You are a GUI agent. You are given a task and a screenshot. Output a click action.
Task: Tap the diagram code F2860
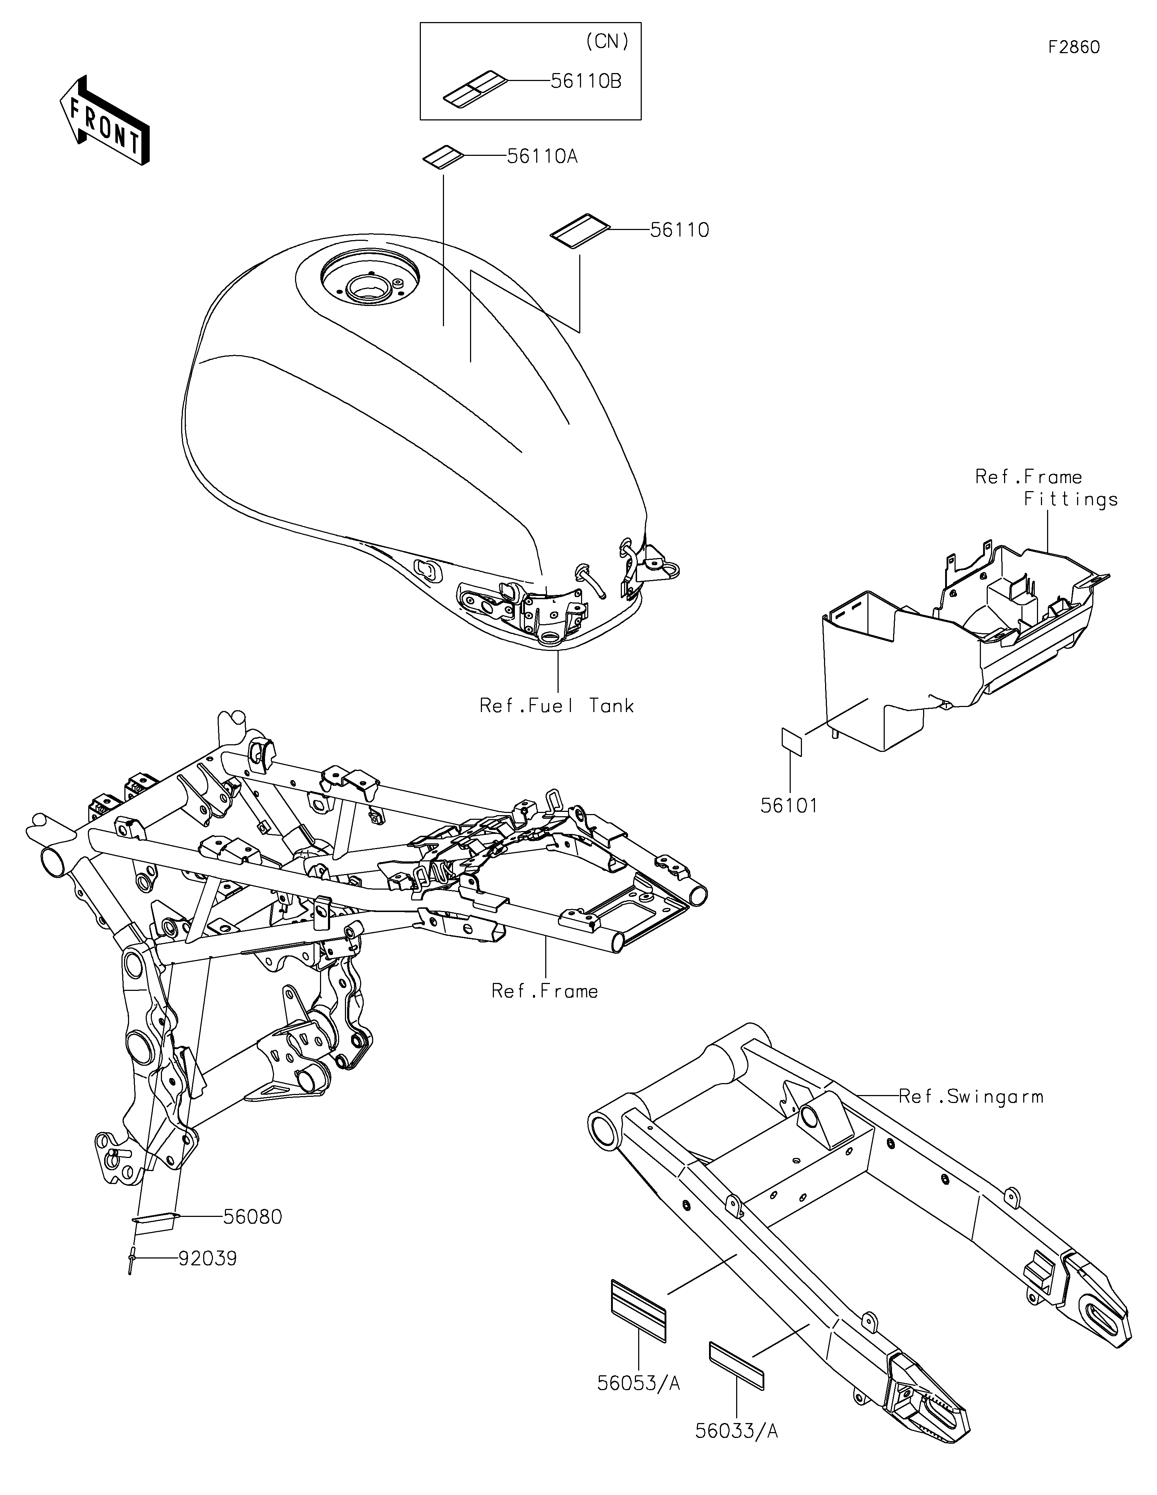(1074, 47)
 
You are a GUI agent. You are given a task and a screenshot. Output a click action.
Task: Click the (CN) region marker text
(607, 42)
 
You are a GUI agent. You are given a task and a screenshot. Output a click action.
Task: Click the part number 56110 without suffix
(679, 230)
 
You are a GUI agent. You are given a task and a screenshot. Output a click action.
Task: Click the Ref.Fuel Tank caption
(557, 706)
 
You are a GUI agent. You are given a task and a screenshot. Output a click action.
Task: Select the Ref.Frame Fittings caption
(1047, 488)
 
